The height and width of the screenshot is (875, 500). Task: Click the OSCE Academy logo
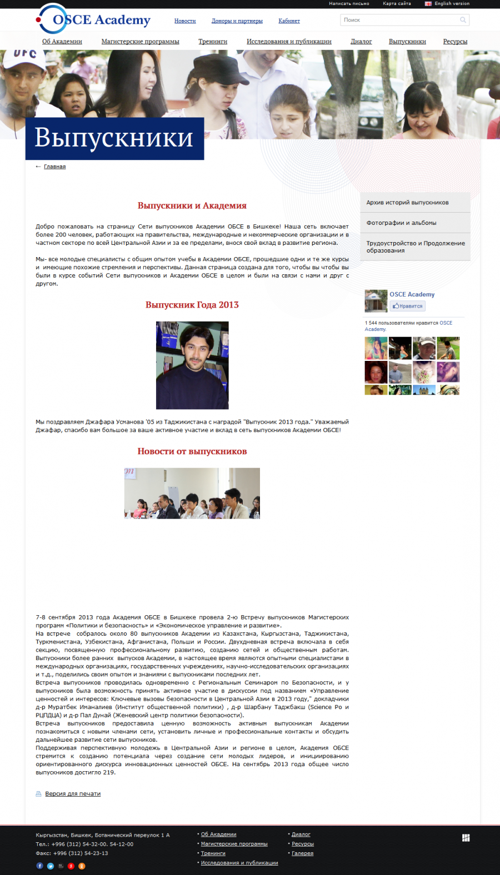click(x=94, y=20)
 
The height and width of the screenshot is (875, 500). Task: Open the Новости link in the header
click(x=185, y=21)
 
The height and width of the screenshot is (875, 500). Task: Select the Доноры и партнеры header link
click(x=237, y=21)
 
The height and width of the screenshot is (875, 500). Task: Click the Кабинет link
click(x=289, y=21)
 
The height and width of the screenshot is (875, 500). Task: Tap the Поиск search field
click(x=400, y=20)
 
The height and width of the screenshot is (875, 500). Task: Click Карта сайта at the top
click(x=397, y=3)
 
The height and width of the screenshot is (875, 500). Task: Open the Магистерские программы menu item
click(x=140, y=42)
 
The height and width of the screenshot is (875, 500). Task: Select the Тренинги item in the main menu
click(x=213, y=42)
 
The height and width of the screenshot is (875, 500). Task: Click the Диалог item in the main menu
click(x=361, y=42)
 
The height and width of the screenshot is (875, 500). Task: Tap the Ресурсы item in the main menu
click(x=455, y=42)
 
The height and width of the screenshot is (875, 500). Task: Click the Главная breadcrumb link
click(x=54, y=167)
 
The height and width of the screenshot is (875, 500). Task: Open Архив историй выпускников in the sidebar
click(x=407, y=203)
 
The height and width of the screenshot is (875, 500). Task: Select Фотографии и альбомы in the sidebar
click(x=401, y=223)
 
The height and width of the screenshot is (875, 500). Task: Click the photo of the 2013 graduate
click(x=192, y=365)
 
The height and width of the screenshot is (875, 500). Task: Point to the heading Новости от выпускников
click(x=192, y=451)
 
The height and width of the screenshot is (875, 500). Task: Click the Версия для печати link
click(x=72, y=794)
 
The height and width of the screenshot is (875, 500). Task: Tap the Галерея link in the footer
click(x=302, y=853)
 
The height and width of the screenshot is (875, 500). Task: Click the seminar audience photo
click(x=192, y=493)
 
